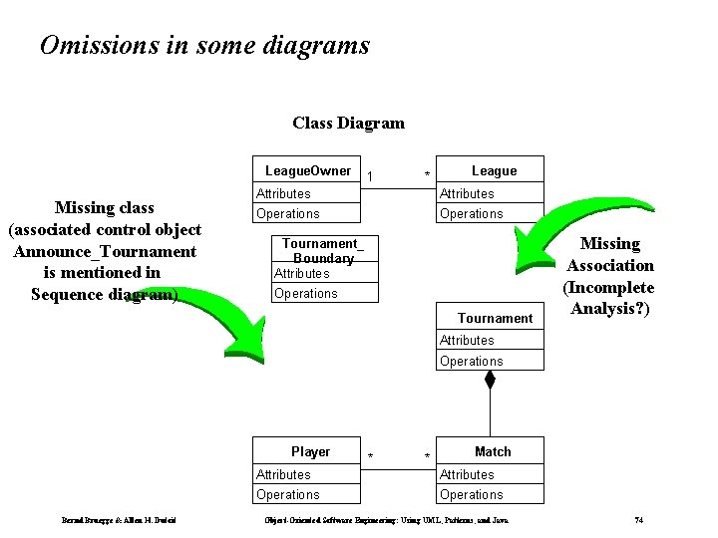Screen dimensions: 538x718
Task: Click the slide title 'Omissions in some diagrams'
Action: click(204, 46)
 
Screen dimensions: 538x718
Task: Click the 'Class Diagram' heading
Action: click(348, 124)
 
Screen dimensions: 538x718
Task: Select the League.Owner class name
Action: click(308, 170)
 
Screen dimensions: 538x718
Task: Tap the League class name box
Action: click(493, 170)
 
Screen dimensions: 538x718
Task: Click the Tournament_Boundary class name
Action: click(323, 250)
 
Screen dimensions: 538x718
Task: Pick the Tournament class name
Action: click(495, 318)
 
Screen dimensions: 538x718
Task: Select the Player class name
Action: click(310, 451)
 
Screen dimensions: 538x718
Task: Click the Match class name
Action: click(493, 451)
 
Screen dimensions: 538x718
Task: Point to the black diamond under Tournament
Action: click(490, 381)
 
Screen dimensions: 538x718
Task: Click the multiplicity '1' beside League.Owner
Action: click(370, 176)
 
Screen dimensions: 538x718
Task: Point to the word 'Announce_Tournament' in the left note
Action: click(105, 251)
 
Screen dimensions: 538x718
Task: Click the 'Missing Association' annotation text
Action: click(609, 254)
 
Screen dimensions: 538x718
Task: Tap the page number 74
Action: click(639, 520)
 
